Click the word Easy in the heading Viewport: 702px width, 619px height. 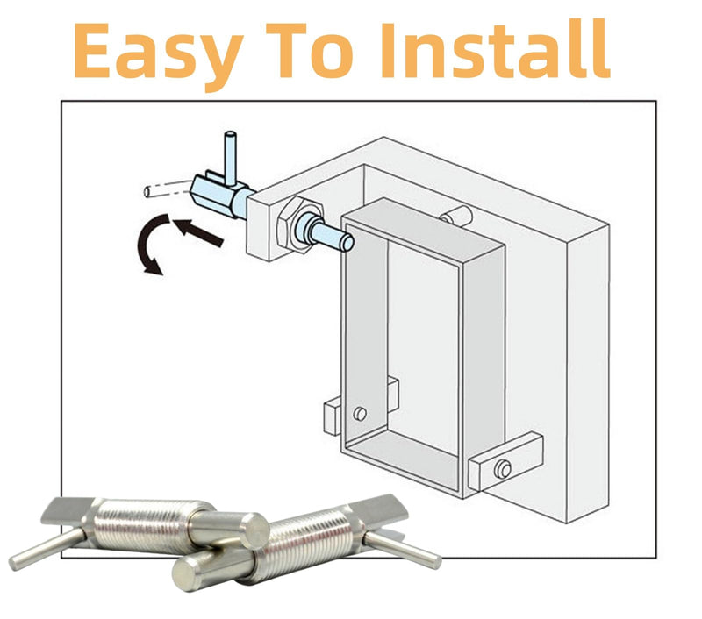pyautogui.click(x=158, y=54)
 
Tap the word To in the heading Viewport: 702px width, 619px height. pyautogui.click(x=309, y=50)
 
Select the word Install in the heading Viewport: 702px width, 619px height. pyautogui.click(x=495, y=49)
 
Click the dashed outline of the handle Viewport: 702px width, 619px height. pyautogui.click(x=168, y=189)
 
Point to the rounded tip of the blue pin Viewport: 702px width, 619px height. pyautogui.click(x=347, y=242)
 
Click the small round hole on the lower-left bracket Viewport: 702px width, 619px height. pyautogui.click(x=360, y=414)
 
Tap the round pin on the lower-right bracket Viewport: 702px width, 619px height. pyautogui.click(x=503, y=469)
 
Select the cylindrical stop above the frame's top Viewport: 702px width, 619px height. pyautogui.click(x=455, y=216)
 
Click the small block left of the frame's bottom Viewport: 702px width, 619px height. pyautogui.click(x=333, y=416)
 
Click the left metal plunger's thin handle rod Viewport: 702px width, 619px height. pyautogui.click(x=45, y=549)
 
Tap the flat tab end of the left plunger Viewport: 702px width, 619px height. pyautogui.click(x=67, y=511)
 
